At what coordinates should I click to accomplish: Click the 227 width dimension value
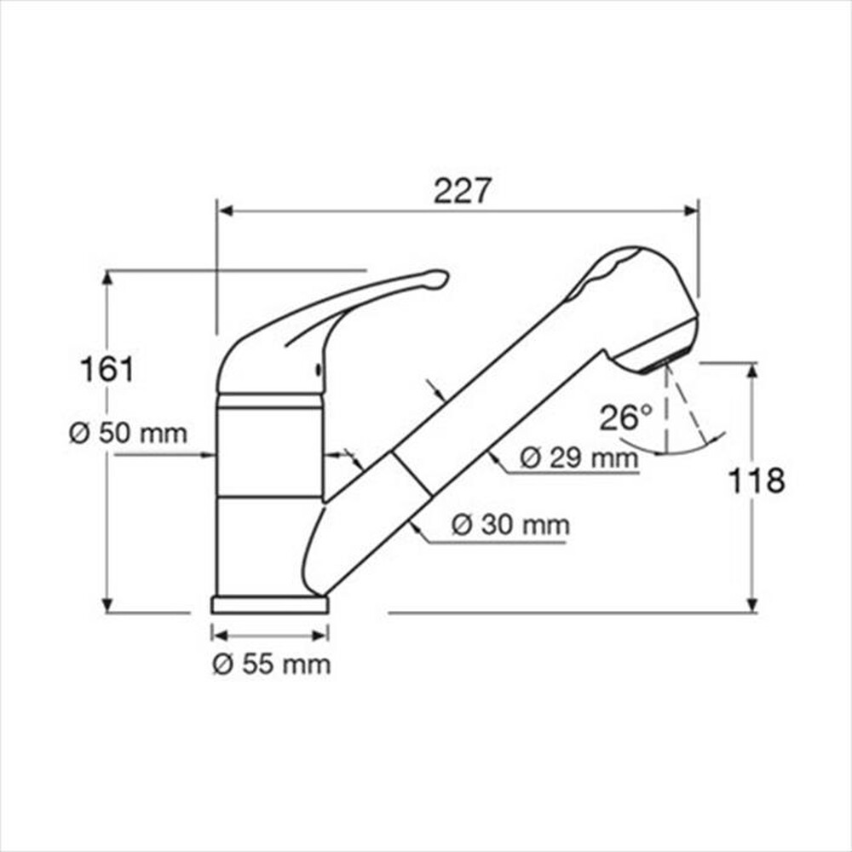tap(463, 191)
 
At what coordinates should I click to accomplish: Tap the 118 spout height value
tap(756, 481)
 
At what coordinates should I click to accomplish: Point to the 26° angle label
tap(625, 417)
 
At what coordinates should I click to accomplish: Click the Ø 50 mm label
tap(128, 433)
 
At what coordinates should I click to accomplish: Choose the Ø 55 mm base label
tap(271, 664)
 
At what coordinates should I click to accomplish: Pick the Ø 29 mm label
tap(579, 458)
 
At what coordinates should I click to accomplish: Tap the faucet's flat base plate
tap(269, 604)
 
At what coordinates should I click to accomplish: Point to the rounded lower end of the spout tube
tap(311, 571)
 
